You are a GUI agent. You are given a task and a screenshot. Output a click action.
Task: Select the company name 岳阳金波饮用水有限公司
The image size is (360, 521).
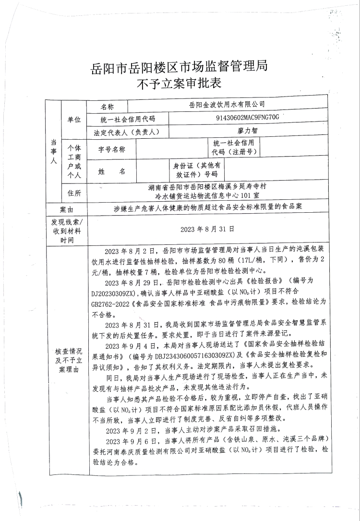click(x=228, y=104)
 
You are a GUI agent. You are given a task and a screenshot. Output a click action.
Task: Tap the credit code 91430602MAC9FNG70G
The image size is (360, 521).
click(x=247, y=117)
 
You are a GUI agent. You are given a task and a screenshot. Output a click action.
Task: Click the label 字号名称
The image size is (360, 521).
click(x=111, y=149)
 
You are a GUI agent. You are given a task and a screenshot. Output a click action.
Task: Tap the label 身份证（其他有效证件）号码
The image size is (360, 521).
click(x=196, y=170)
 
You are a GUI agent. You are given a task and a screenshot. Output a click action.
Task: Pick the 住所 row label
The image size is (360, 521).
click(x=74, y=193)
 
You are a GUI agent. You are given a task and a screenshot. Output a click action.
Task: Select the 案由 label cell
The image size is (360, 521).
click(x=67, y=210)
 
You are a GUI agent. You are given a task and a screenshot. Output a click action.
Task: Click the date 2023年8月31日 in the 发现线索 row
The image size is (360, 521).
click(x=207, y=229)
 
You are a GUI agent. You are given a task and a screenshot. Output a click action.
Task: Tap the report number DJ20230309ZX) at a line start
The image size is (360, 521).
click(x=114, y=292)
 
